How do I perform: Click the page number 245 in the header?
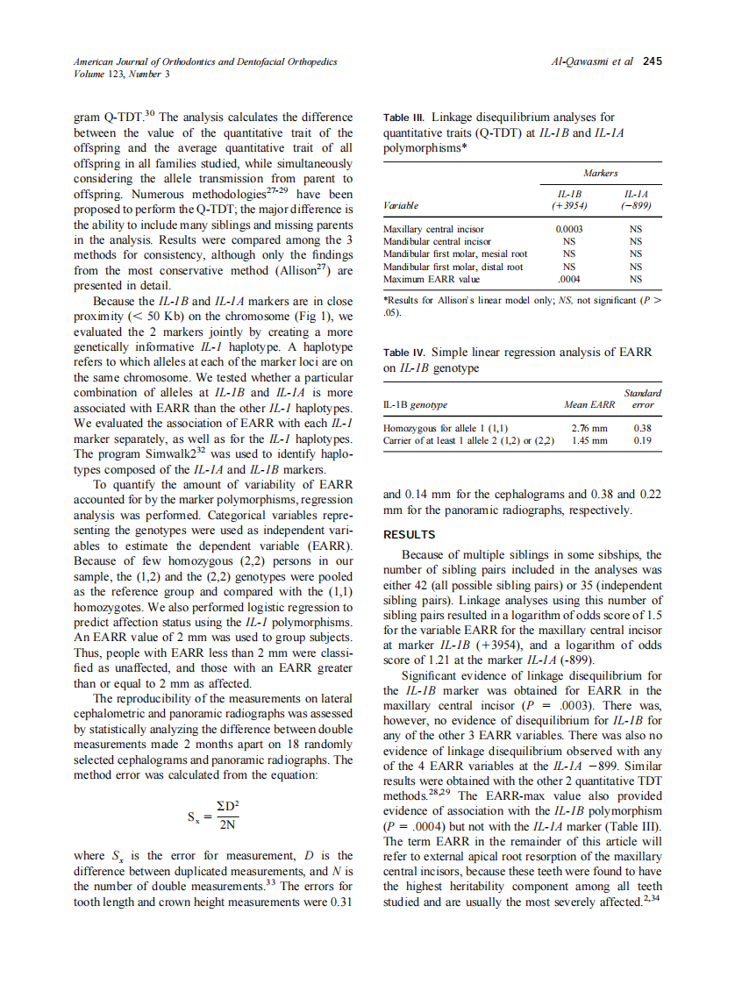(652, 61)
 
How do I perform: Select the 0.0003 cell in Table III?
(570, 229)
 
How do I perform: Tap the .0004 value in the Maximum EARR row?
(570, 279)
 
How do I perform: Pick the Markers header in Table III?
(601, 173)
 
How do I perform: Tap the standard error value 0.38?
(642, 428)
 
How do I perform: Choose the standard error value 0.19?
(642, 440)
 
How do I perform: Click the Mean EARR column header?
(589, 405)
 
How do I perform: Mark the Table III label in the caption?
(405, 118)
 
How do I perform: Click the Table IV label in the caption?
(405, 353)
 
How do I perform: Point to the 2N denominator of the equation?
(227, 825)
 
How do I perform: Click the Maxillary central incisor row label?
(434, 229)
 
